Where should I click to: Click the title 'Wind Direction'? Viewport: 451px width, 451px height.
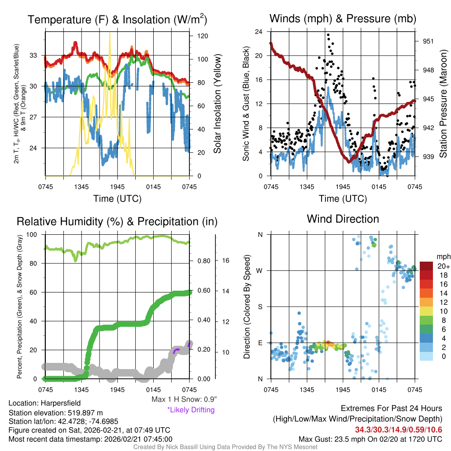343,219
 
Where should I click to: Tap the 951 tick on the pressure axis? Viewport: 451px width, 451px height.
428,41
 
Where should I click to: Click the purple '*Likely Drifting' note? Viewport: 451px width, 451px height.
191,410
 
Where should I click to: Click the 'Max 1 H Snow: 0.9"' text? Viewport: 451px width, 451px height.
184,399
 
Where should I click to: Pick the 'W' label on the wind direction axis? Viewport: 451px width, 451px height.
260,270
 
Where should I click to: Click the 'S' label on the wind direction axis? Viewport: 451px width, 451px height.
261,307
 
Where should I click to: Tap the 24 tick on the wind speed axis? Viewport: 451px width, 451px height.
259,32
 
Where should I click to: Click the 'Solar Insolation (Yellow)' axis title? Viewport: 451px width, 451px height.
217,104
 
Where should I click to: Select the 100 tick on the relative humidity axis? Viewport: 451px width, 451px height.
34,235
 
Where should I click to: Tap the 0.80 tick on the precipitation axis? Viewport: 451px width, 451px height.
203,260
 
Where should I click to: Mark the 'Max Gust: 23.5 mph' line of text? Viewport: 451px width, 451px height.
370,439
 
